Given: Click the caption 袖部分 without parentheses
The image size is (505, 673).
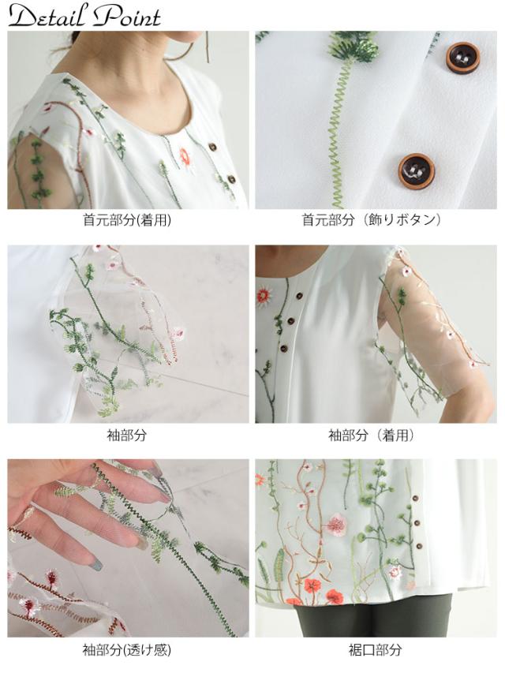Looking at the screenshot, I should click(x=127, y=436).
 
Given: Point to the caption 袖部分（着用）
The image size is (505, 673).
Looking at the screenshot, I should click(x=376, y=436).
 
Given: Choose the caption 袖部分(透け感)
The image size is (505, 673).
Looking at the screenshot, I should click(x=127, y=651).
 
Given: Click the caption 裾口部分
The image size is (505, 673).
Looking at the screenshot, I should click(x=376, y=651).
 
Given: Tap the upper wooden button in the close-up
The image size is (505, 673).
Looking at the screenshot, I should click(x=463, y=58).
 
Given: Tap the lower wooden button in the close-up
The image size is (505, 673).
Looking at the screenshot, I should click(x=416, y=170).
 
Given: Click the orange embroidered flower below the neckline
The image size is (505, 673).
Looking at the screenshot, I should click(x=185, y=156).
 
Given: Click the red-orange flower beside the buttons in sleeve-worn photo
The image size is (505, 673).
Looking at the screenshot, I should click(x=264, y=296).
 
